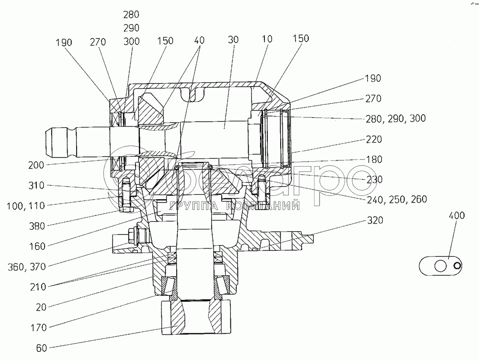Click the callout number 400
click(456, 215)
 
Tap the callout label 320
click(375, 220)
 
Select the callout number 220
click(374, 139)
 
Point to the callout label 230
click(375, 179)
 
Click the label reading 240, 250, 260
click(397, 200)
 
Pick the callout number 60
click(42, 348)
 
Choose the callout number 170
click(38, 328)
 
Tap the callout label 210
click(38, 287)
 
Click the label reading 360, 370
click(27, 267)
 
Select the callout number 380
click(37, 226)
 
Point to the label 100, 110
click(26, 206)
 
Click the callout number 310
click(36, 186)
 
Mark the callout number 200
click(36, 165)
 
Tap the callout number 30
click(233, 40)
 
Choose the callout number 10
click(267, 39)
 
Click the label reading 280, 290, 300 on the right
click(396, 118)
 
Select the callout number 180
click(374, 159)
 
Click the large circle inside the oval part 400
click(440, 266)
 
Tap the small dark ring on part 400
click(457, 266)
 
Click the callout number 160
click(37, 247)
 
